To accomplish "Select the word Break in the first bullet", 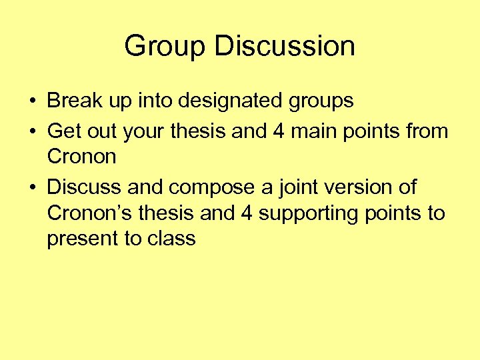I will (x=73, y=101).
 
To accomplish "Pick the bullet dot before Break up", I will (x=32, y=102).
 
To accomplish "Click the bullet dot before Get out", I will (x=32, y=131).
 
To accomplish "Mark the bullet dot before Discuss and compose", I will (x=32, y=187).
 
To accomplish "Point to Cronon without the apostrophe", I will (x=81, y=157).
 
